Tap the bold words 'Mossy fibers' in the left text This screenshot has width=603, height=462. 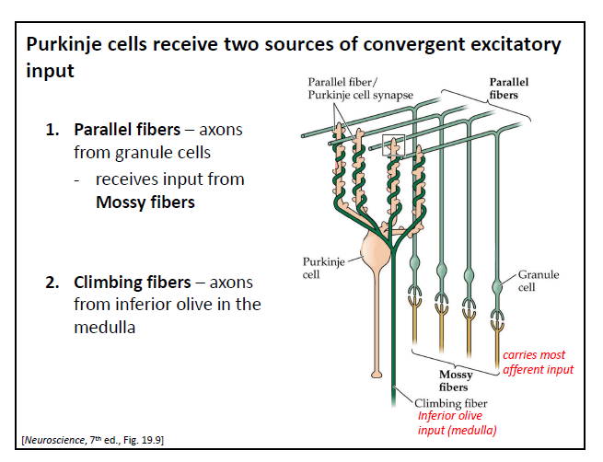145,202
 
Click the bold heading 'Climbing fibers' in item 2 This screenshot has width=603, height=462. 151,282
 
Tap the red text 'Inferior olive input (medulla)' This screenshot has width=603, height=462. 457,422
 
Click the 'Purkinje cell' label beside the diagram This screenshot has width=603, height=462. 323,269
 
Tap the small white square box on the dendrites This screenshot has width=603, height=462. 393,144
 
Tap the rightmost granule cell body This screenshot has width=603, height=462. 498,277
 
